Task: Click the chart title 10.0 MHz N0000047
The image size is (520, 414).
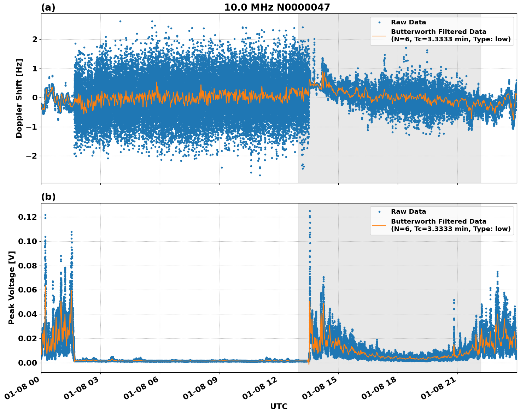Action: pyautogui.click(x=277, y=7)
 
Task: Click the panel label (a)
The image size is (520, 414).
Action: pyautogui.click(x=48, y=7)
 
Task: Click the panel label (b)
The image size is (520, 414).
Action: pyautogui.click(x=48, y=197)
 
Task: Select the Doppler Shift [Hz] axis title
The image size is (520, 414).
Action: pyautogui.click(x=19, y=98)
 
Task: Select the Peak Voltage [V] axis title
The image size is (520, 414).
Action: pyautogui.click(x=12, y=288)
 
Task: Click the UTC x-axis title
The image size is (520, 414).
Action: pyautogui.click(x=279, y=406)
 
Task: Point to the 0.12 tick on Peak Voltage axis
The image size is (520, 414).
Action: pyautogui.click(x=27, y=217)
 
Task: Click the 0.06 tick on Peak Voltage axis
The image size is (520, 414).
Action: pyautogui.click(x=27, y=290)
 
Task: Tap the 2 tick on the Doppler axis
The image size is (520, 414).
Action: pyautogui.click(x=35, y=39)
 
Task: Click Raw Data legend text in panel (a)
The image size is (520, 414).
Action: pyautogui.click(x=408, y=23)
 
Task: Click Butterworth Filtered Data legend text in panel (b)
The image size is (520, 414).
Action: pyautogui.click(x=438, y=221)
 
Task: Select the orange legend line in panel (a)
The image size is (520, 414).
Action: pyautogui.click(x=379, y=36)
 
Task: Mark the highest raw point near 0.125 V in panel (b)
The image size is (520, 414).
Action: pyautogui.click(x=310, y=211)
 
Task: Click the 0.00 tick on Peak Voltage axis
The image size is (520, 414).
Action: pyautogui.click(x=27, y=363)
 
